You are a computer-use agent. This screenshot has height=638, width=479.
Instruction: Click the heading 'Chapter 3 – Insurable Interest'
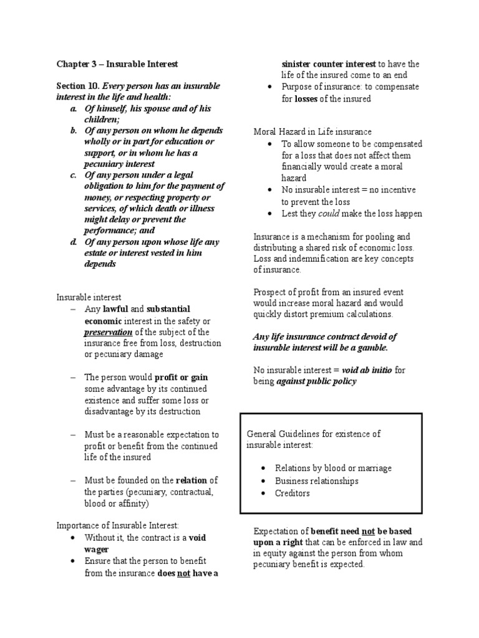coord(117,64)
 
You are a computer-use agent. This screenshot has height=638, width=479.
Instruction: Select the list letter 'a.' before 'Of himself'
coord(74,108)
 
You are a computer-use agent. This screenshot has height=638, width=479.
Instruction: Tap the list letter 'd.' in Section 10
coord(74,242)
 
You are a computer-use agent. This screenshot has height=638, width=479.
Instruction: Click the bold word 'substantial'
coord(168,309)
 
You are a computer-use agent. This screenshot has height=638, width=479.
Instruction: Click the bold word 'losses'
coord(306,98)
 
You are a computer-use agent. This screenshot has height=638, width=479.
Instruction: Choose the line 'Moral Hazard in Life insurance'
coord(312,131)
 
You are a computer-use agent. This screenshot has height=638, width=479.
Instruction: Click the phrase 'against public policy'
coord(317,381)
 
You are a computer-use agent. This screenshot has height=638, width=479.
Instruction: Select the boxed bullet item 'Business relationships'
coord(317,481)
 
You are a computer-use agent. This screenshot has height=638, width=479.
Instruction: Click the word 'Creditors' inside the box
coord(293,493)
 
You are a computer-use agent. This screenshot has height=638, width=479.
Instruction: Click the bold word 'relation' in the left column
coord(191,480)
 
